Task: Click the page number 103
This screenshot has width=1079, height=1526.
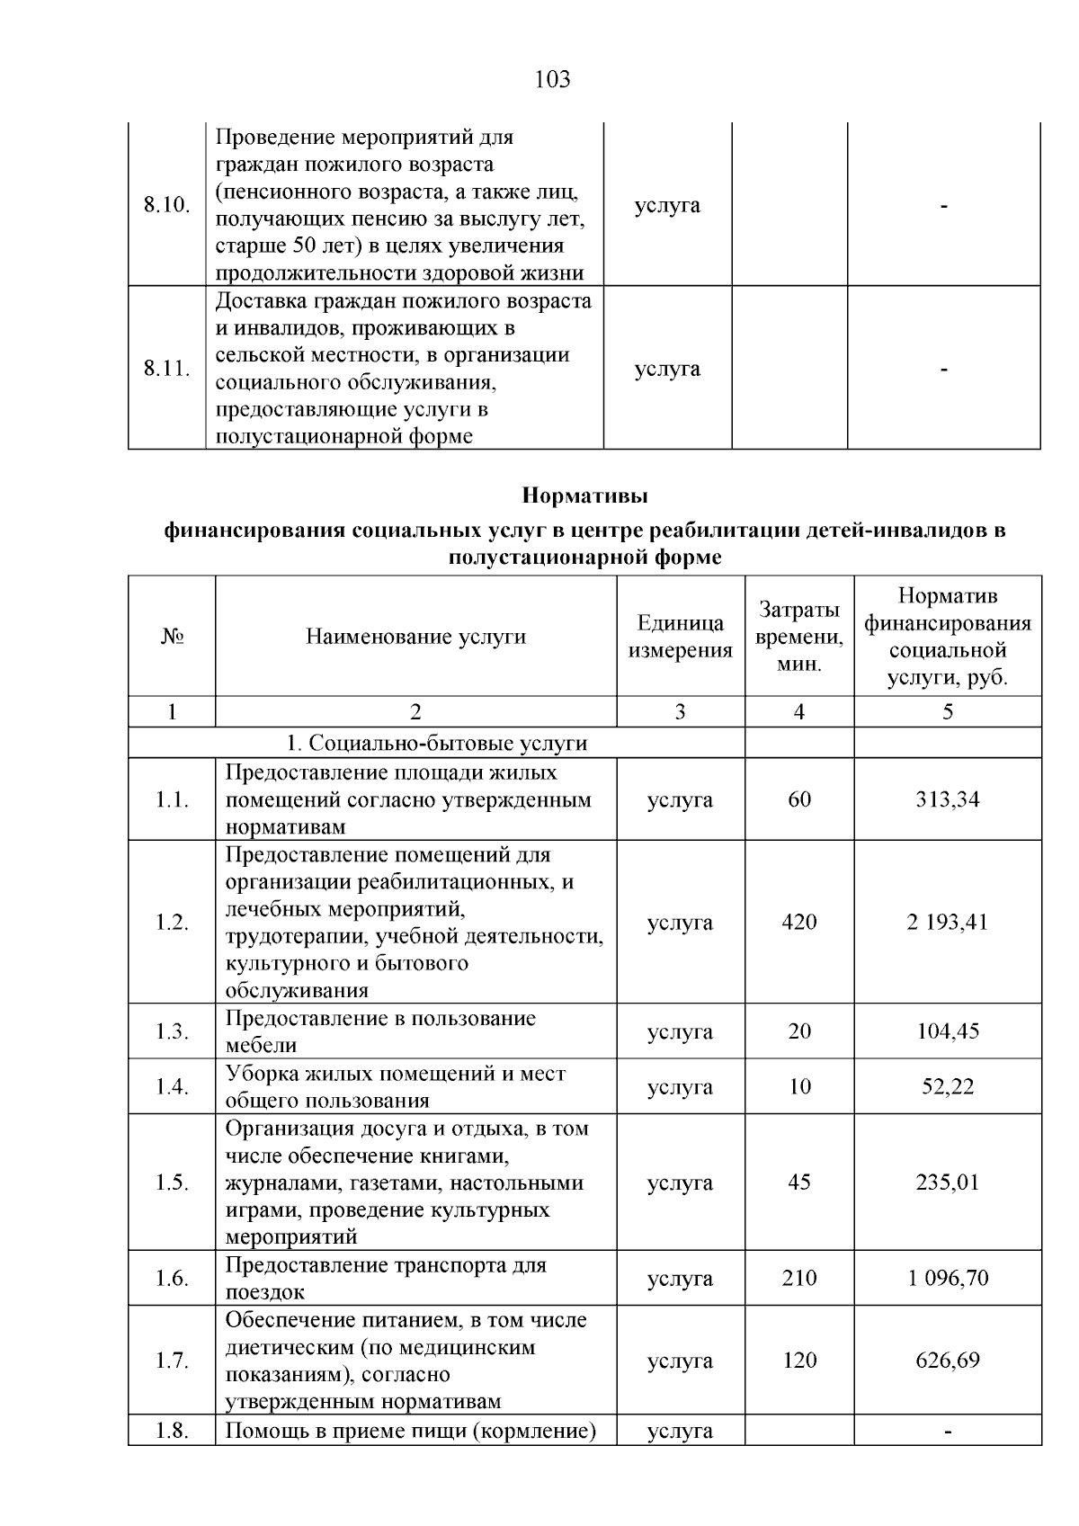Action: coord(552,80)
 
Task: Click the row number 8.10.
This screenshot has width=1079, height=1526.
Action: coord(166,205)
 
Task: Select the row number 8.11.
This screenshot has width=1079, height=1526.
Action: coord(166,369)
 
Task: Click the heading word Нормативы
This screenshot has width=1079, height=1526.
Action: coord(584,495)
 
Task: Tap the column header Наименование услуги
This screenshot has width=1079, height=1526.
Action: coord(415,637)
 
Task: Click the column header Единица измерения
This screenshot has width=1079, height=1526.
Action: coord(680,637)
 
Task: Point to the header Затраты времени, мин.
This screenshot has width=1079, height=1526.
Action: coord(798,637)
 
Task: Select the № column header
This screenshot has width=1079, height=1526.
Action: coord(172,637)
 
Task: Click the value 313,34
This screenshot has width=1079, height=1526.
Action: coord(947,799)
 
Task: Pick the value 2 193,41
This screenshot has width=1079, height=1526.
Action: coord(947,923)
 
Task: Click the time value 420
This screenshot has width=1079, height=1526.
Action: coord(798,923)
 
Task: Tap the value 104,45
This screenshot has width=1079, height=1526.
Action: coord(947,1031)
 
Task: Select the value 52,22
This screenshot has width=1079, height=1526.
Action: coord(947,1086)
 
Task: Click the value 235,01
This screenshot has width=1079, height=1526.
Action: coord(947,1182)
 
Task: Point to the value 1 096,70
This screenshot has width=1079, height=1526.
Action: coord(947,1278)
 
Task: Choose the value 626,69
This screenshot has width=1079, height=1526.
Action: coord(947,1360)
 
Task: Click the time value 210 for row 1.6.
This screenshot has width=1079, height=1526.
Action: coord(798,1278)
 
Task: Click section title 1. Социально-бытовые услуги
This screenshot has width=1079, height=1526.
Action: coord(436,744)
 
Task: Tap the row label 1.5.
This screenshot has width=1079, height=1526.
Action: coord(172,1182)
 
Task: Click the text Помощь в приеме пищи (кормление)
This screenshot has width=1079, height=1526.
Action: coord(411,1431)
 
